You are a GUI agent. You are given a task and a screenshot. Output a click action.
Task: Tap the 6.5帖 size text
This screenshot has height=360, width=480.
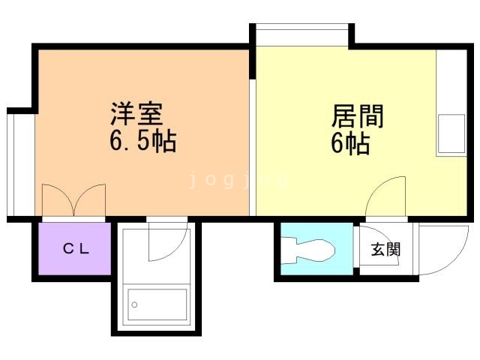[142, 141]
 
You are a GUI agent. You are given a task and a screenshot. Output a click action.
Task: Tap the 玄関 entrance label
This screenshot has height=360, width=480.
[385, 249]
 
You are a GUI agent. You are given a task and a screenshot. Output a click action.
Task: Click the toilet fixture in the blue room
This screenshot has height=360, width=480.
[308, 250]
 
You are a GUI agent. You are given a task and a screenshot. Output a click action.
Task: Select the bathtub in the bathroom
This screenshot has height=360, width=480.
[157, 304]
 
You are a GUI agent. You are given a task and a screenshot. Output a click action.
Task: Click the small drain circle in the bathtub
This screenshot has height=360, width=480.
[135, 305]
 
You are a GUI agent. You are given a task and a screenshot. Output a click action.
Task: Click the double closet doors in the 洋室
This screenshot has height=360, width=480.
[73, 200]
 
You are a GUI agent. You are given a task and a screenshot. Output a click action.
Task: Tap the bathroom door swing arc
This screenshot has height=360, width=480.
[166, 241]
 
